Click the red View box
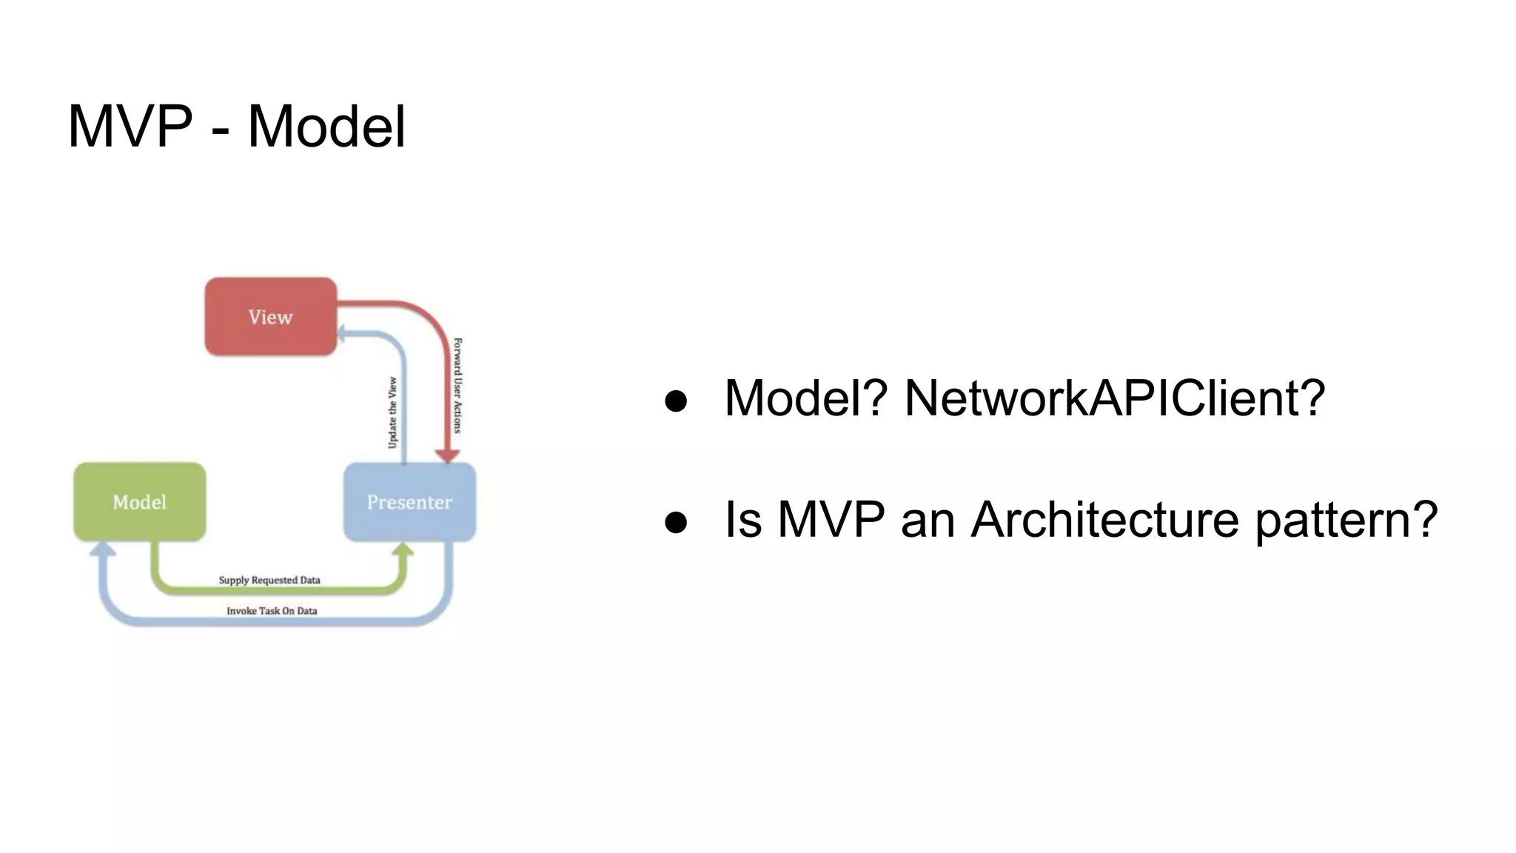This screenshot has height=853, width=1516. pos(271,317)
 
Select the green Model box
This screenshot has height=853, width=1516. pos(140,502)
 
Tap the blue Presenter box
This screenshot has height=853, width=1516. pos(409,502)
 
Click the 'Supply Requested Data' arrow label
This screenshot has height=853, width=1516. pos(269,580)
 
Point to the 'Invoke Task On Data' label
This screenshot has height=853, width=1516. pos(272,611)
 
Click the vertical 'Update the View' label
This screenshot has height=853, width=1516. pos(392,412)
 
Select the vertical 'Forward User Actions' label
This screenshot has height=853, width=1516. pos(457,385)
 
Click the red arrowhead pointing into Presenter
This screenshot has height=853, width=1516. pos(446,455)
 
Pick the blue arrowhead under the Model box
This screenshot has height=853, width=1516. pos(103,549)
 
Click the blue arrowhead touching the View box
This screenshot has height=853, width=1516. pos(342,333)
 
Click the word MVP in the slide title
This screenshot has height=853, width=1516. pos(130,127)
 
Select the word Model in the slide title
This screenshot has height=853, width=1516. pos(326,127)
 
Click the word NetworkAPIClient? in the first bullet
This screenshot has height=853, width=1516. pos(1114,398)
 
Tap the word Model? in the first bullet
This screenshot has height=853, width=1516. pos(805,398)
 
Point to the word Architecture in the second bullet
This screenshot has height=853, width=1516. pos(1104,520)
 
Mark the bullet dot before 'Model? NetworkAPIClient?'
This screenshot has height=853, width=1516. pos(676,401)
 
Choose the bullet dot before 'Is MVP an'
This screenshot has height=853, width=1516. pos(676,522)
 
